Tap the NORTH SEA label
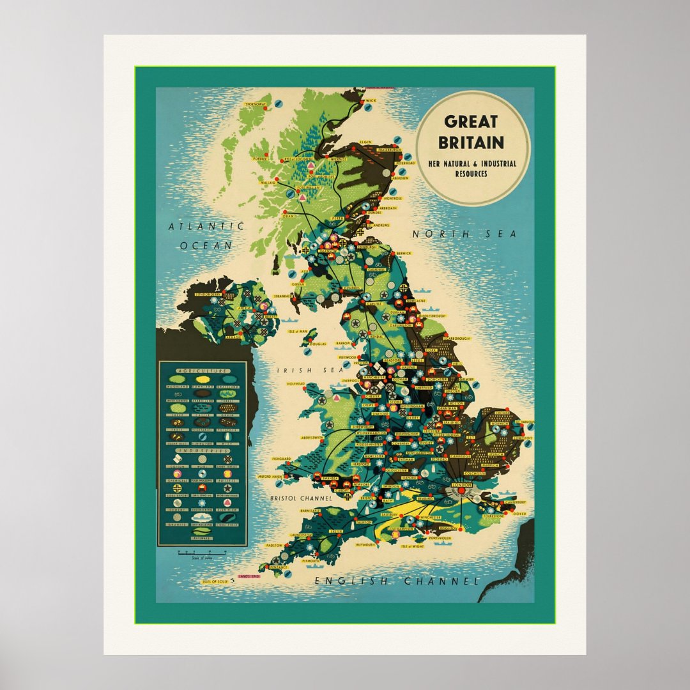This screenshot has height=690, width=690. (464, 234)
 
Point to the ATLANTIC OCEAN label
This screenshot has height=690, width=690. (206, 235)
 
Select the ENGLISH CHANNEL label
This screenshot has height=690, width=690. (396, 581)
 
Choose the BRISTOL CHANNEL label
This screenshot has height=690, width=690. (301, 498)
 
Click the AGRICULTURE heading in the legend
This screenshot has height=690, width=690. (203, 371)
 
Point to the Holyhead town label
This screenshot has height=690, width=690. (296, 384)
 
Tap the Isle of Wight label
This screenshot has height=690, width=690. (413, 547)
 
